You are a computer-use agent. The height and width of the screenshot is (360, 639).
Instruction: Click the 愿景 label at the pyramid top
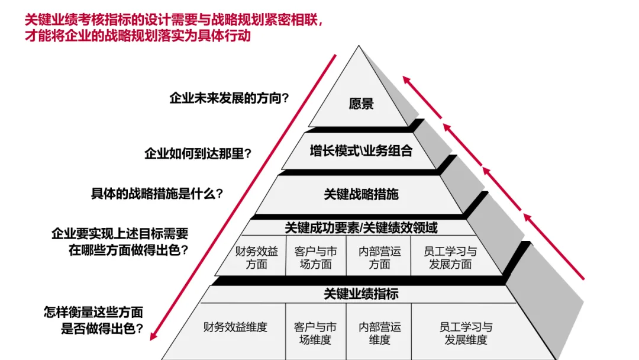click(x=361, y=104)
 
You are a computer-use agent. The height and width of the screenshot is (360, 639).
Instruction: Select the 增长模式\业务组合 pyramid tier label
click(x=361, y=151)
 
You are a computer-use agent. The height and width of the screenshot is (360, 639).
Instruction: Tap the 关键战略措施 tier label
click(x=361, y=194)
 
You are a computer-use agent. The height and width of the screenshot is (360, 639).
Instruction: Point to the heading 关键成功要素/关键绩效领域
click(x=361, y=227)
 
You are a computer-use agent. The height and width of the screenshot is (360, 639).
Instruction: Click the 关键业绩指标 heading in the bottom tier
click(x=361, y=294)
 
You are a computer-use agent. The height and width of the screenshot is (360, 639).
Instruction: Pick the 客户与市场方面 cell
click(x=316, y=258)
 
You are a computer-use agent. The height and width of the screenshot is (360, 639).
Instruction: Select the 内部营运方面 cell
click(x=379, y=258)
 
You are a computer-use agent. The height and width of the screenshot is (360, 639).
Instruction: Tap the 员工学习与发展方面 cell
click(x=450, y=258)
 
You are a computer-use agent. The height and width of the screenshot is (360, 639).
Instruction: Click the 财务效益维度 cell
click(x=235, y=327)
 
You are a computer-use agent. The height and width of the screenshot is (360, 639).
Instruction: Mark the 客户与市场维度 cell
click(x=315, y=333)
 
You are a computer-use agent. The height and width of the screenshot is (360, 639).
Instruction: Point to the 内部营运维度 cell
click(x=379, y=333)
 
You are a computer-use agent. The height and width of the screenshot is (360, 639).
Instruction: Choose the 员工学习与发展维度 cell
click(x=466, y=333)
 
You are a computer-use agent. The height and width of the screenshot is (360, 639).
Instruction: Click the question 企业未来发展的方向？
click(x=229, y=98)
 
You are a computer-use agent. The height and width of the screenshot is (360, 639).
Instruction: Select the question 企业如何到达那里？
click(x=198, y=153)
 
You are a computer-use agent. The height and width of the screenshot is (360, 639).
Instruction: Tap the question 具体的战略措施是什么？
click(x=157, y=193)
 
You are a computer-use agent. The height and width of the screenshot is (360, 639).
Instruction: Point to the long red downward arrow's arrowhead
click(x=153, y=336)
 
